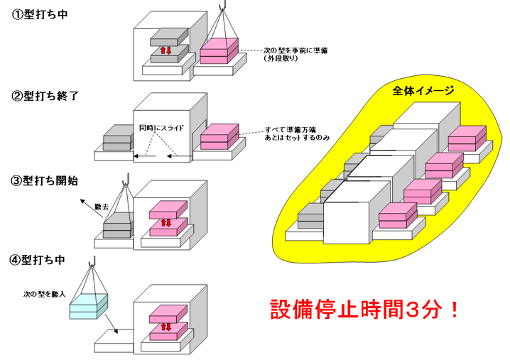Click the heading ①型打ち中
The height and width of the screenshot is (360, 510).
pos(40,15)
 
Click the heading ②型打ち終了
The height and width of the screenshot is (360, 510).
pos(45,96)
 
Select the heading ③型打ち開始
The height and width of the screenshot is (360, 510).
pos(44,180)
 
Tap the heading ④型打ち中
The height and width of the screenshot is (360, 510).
pos(38,260)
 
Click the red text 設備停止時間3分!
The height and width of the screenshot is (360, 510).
pos(364,310)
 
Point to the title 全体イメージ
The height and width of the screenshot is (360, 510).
pos(423,90)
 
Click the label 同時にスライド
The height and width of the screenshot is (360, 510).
pos(161,128)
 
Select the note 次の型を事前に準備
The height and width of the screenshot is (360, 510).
pos(295,50)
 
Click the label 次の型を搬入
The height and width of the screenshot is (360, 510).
pos(45,294)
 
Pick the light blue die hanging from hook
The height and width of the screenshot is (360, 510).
pos(89,306)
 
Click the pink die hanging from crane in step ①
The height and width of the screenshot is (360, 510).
pos(219,50)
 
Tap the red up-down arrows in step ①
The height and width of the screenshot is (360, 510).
pos(166,50)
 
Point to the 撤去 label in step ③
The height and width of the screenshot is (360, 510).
pos(101,206)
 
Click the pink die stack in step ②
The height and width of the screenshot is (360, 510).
pos(219,136)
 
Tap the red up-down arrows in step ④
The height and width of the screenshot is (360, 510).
pos(166,327)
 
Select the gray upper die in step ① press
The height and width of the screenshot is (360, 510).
pos(169,37)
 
